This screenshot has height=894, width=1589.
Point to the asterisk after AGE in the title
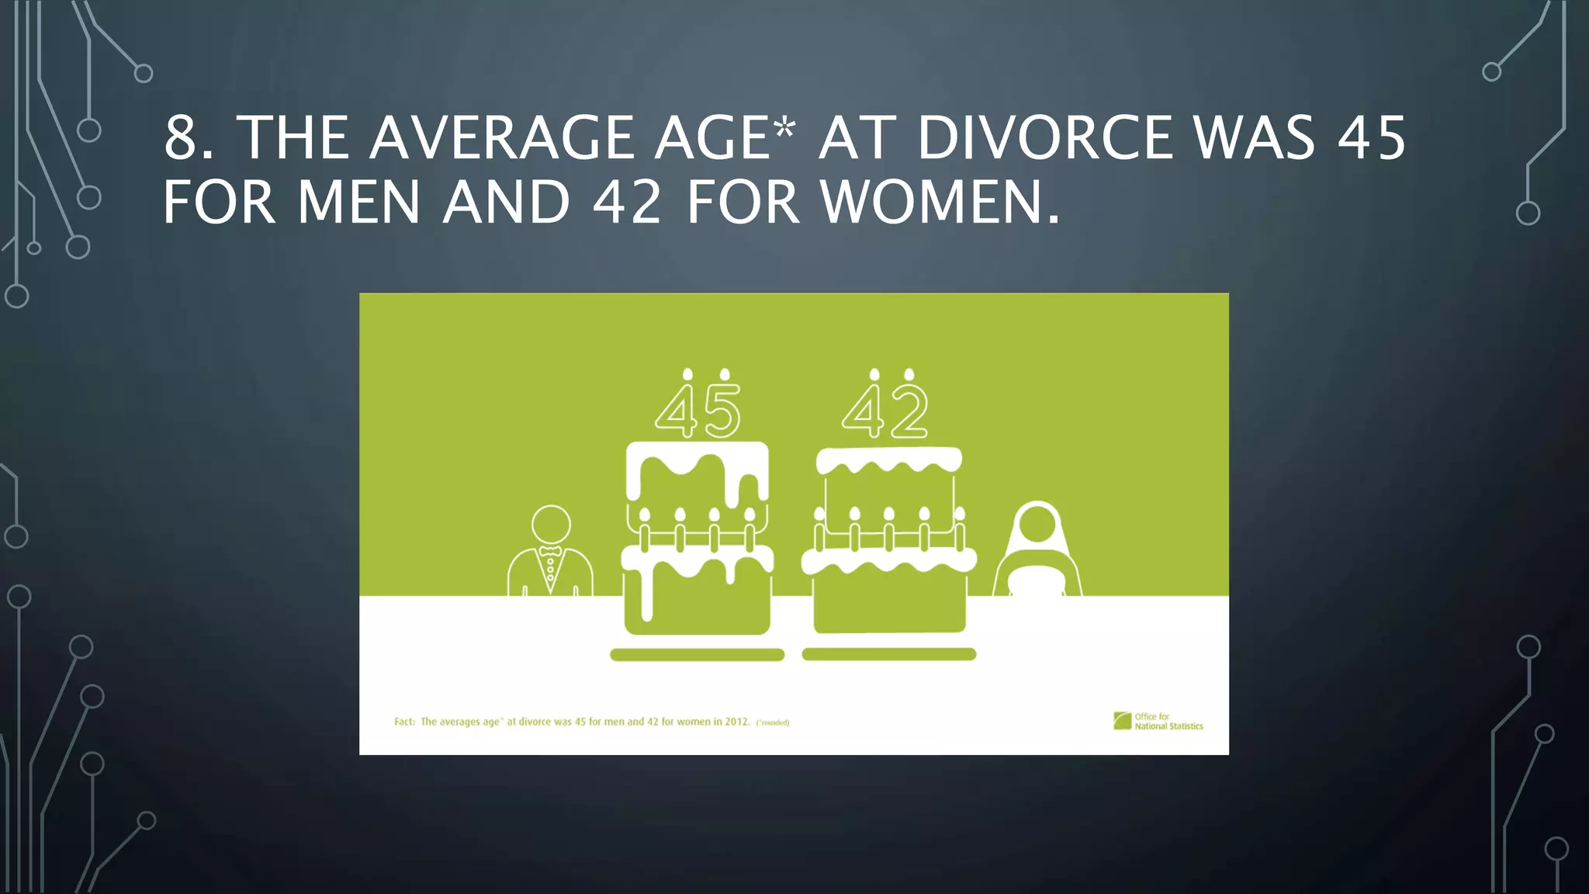click(784, 129)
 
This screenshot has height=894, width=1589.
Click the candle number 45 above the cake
click(698, 410)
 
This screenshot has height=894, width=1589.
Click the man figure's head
click(551, 524)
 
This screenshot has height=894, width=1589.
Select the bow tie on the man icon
click(550, 551)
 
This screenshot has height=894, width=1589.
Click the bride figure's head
click(1037, 524)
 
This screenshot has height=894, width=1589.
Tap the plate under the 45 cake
click(697, 655)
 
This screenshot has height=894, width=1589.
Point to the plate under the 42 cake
click(888, 654)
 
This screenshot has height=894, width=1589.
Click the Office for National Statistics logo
click(1158, 721)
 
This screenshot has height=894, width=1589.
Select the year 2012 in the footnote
click(736, 722)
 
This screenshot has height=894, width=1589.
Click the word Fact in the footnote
click(404, 722)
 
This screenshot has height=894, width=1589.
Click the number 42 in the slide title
click(627, 203)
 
